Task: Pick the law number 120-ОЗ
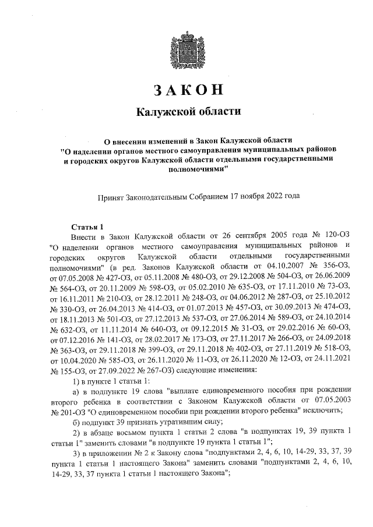(x=334, y=237)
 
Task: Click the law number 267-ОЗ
(x=167, y=369)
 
